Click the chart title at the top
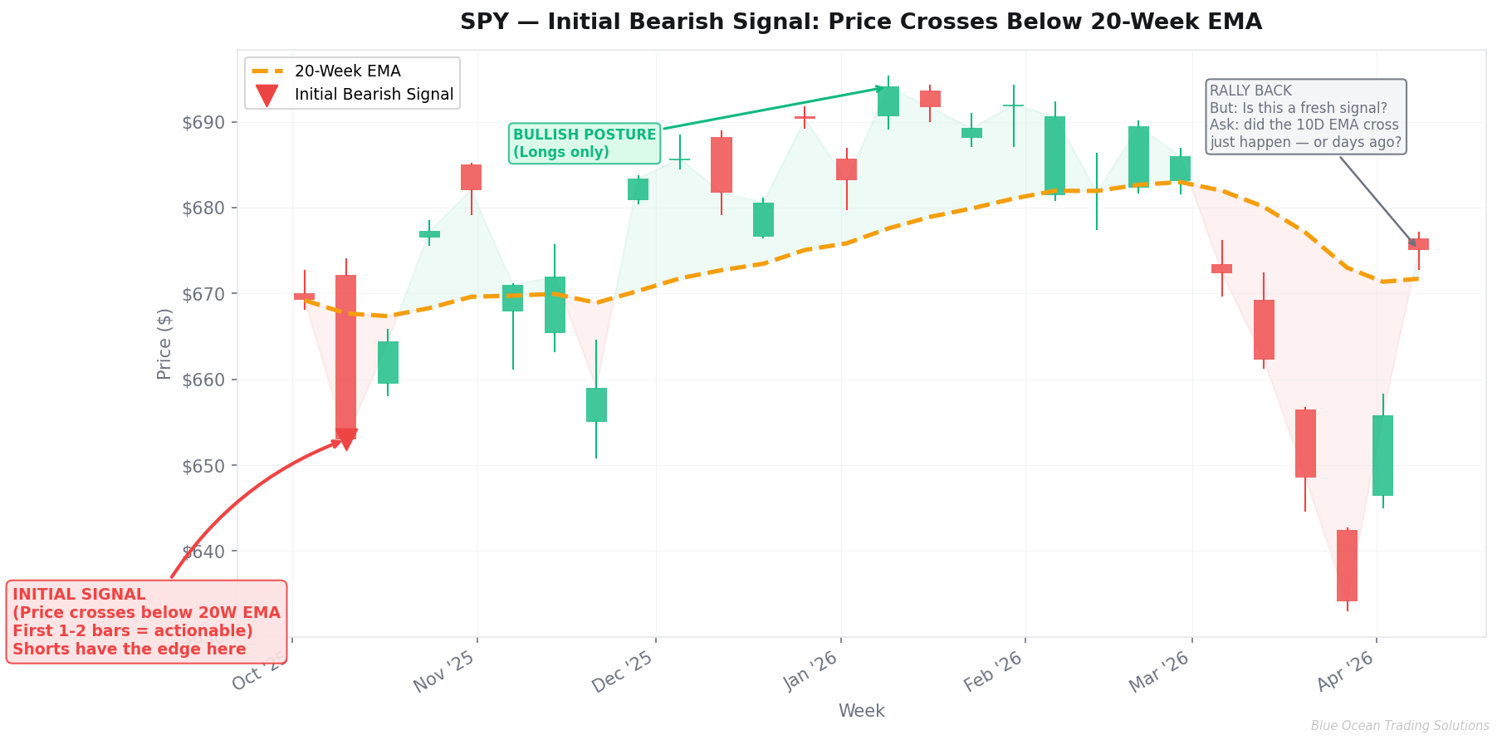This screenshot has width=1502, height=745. pyautogui.click(x=861, y=22)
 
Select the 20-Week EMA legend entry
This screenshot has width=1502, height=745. pyautogui.click(x=347, y=71)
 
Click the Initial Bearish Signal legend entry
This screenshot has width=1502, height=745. pyautogui.click(x=374, y=95)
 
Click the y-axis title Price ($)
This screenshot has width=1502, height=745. pyautogui.click(x=164, y=343)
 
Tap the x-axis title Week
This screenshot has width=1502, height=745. pyautogui.click(x=861, y=711)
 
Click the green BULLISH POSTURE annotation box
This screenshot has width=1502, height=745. pyautogui.click(x=585, y=143)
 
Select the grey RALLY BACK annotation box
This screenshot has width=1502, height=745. pyautogui.click(x=1305, y=116)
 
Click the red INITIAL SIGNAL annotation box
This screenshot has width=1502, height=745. pyautogui.click(x=146, y=621)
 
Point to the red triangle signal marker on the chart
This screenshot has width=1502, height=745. pyautogui.click(x=346, y=439)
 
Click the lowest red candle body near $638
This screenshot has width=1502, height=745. pyautogui.click(x=1347, y=565)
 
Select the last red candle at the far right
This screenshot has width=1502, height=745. pyautogui.click(x=1418, y=244)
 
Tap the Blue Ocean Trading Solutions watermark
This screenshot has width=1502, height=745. pyautogui.click(x=1400, y=726)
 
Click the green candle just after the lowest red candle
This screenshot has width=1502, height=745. pyautogui.click(x=1382, y=455)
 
